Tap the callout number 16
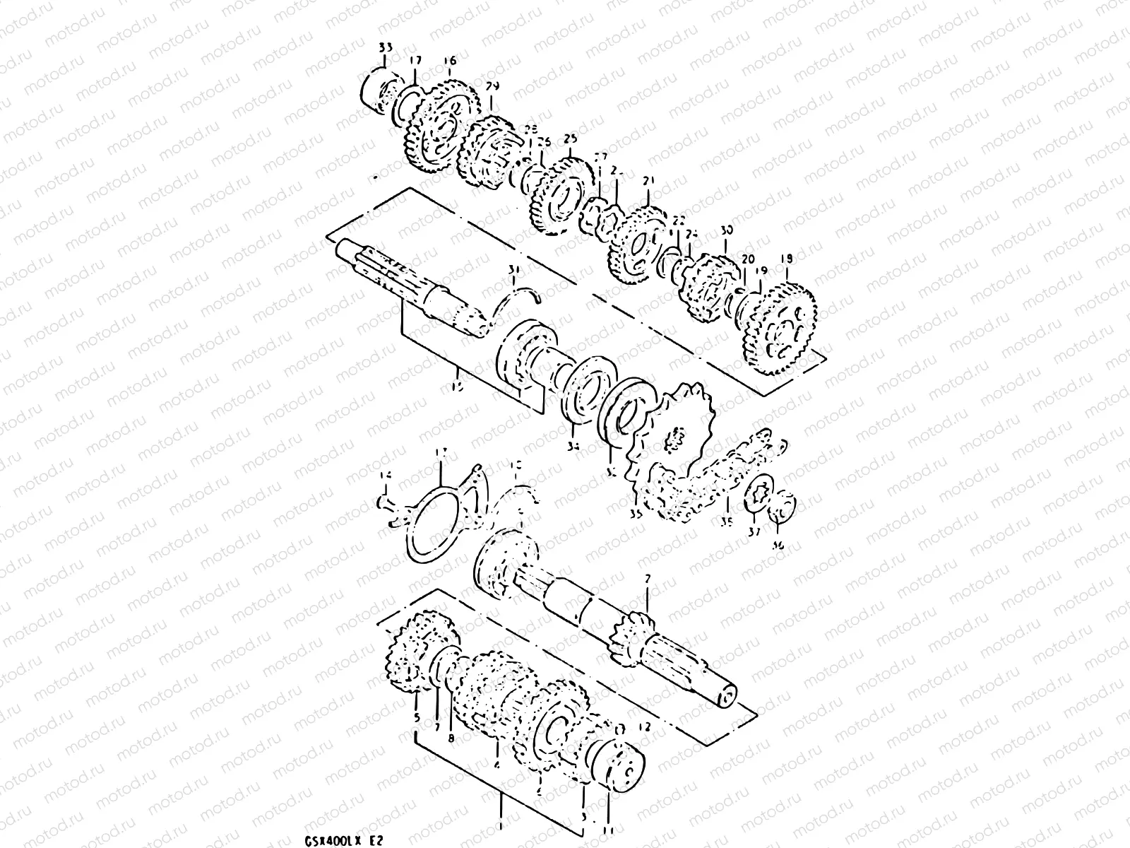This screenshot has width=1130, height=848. click(451, 61)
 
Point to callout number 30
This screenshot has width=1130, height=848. click(727, 231)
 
